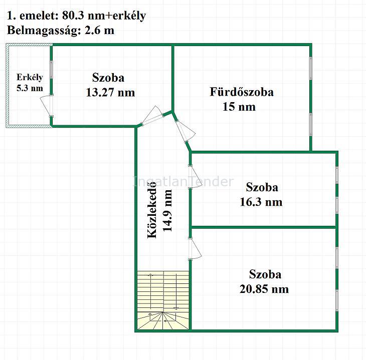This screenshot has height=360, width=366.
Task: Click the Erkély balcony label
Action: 30,78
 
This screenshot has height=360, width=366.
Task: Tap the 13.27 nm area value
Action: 110,92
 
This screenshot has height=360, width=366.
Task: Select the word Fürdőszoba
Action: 242,92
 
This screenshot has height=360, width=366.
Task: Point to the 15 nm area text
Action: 239,107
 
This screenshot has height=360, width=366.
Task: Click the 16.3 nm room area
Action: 261,202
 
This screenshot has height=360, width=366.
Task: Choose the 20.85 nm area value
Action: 264,289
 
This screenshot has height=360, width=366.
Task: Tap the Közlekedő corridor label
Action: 152,210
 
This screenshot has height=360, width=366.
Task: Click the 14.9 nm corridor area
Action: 167,211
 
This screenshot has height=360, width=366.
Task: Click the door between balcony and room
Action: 47,105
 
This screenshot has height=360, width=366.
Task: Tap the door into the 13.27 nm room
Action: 152,116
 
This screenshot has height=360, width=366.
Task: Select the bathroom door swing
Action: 185,131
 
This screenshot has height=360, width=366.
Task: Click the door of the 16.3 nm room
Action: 195,177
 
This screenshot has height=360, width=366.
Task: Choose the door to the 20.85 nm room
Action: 195,249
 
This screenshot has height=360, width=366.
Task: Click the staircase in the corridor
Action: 163,300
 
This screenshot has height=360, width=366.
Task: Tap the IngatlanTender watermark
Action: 183,182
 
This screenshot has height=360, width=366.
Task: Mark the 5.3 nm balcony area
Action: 30,88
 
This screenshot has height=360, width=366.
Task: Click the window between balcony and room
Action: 51,69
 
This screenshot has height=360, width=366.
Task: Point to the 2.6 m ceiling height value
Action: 99,31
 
